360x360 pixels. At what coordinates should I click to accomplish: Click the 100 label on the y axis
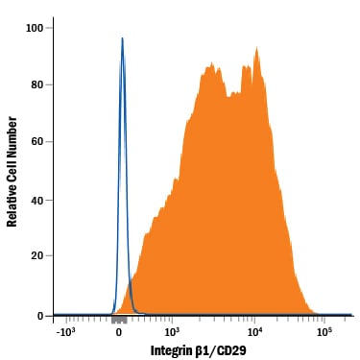click(35, 28)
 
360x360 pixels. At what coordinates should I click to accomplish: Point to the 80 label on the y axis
click(37, 84)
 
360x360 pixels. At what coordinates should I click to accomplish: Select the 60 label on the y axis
click(37, 141)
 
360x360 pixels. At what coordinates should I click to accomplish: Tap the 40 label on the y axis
click(37, 200)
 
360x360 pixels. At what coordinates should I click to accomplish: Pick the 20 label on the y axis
click(37, 255)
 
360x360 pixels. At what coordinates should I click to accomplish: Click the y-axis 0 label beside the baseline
click(40, 316)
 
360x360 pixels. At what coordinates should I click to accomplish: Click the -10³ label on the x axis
click(66, 331)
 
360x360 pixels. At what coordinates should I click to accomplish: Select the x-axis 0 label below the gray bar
click(119, 332)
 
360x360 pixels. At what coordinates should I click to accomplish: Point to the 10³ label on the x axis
click(172, 331)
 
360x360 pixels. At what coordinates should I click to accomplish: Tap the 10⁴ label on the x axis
click(255, 331)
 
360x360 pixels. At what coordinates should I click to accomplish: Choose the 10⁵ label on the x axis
click(324, 331)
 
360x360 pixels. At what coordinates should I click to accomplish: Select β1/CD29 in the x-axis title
click(221, 350)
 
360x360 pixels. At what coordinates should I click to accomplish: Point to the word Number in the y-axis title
click(12, 137)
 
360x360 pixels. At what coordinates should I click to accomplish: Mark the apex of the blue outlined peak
click(122, 37)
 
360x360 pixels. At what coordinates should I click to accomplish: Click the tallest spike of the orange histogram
click(256, 47)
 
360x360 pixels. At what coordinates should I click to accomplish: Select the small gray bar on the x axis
click(119, 320)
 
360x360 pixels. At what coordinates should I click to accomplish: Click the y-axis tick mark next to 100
click(49, 28)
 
